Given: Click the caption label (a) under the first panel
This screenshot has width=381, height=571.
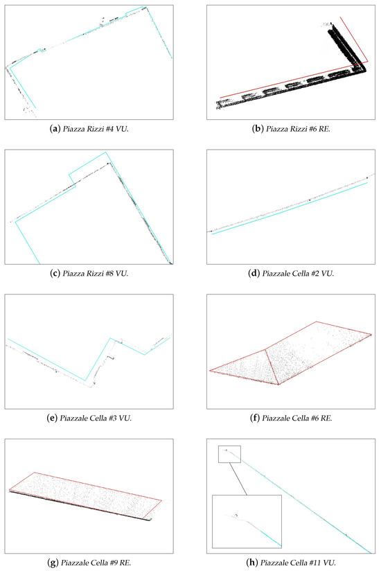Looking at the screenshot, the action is pyautogui.click(x=55, y=129).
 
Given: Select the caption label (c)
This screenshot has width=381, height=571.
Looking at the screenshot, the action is pyautogui.click(x=55, y=274).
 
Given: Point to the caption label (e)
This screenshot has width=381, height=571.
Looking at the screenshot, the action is pyautogui.click(x=52, y=418).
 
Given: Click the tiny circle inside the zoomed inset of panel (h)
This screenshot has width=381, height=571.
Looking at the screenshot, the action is pyautogui.click(x=236, y=516).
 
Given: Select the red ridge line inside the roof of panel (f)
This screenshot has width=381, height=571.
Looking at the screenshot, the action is pyautogui.click(x=272, y=367).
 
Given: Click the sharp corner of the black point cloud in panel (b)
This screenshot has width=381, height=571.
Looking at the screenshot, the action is pyautogui.click(x=365, y=70).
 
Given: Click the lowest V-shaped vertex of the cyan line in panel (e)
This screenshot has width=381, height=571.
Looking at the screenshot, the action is pyautogui.click(x=85, y=380).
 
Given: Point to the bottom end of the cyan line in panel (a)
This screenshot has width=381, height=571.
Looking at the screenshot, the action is pyautogui.click(x=35, y=108).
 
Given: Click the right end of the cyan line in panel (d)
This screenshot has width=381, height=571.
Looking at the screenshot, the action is pyautogui.click(x=367, y=183).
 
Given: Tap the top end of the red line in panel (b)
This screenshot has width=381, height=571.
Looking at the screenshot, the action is pyautogui.click(x=340, y=17).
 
